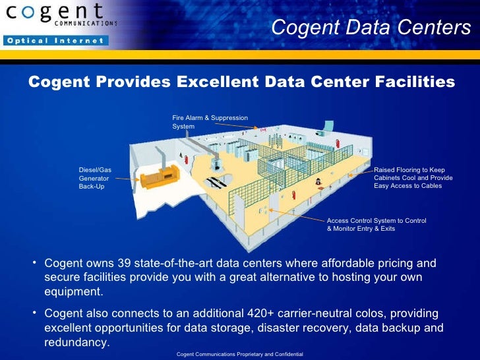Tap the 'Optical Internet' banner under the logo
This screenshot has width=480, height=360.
coord(55,41)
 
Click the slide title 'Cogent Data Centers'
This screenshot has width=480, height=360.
coord(371,28)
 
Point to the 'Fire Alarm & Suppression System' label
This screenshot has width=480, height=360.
coord(210,122)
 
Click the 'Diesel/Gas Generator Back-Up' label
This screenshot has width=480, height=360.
coord(95,178)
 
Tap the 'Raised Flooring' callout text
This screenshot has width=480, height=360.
coord(413,178)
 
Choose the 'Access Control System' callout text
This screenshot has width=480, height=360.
coord(376,224)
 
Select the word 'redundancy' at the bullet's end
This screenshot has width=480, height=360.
coord(75,343)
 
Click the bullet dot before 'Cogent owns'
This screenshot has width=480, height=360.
coord(34,263)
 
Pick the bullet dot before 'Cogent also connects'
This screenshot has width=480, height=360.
coord(34,313)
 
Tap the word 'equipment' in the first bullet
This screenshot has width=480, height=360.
coord(74,291)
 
